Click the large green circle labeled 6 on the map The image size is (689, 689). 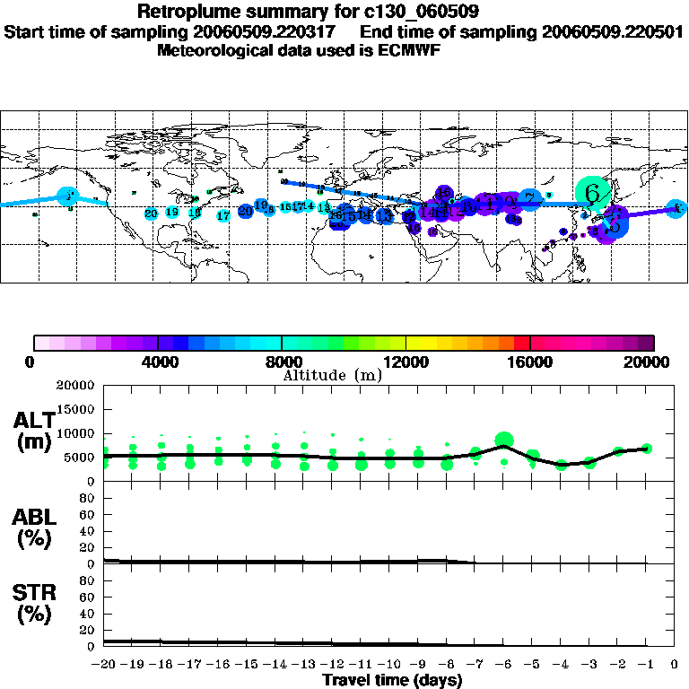tap(592, 192)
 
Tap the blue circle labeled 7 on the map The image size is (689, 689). tap(530, 198)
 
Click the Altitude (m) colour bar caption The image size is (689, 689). tap(333, 375)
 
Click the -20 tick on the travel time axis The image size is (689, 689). tap(104, 665)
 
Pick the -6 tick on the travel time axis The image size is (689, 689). tap(503, 665)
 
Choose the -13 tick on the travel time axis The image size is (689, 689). tap(304, 665)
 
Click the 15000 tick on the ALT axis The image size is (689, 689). tap(76, 409)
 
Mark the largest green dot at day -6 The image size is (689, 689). tap(504, 440)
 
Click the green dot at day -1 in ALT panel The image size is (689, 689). tap(647, 449)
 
